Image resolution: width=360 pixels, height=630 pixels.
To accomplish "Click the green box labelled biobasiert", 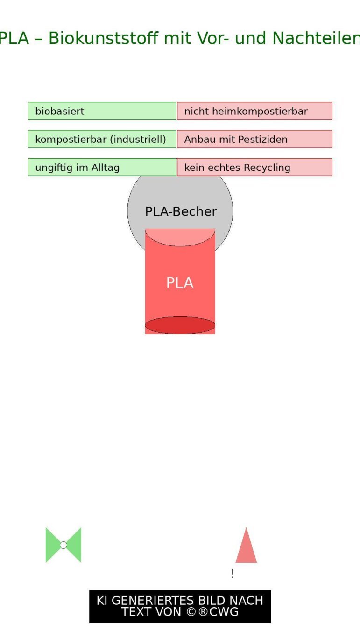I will tap(102, 111).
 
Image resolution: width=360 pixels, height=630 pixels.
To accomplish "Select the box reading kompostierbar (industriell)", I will tap(102, 139).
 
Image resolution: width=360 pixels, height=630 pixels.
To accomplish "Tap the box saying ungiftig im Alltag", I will tap(102, 167).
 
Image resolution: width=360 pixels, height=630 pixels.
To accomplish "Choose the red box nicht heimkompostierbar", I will tap(254, 111).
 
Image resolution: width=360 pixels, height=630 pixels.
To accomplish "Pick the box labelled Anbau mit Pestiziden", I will tap(254, 139).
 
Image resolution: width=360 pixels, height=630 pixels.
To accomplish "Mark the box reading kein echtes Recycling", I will tap(254, 167).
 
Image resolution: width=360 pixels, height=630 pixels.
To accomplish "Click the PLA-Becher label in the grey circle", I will tap(181, 211).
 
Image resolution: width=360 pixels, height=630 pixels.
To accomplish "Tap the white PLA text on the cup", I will tap(180, 283).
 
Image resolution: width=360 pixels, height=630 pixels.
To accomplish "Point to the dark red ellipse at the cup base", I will tap(180, 325).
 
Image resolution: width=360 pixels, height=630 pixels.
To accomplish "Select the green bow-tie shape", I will tap(52, 545).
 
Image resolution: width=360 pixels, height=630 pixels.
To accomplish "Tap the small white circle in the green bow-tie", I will tap(64, 545).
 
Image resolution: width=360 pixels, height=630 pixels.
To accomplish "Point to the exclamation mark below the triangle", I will tap(233, 574).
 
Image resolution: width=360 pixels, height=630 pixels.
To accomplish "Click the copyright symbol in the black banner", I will tap(191, 612).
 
